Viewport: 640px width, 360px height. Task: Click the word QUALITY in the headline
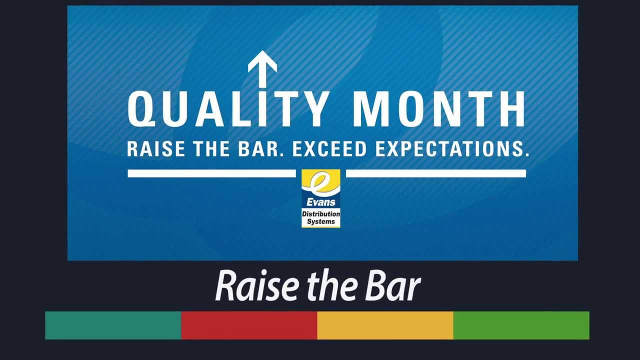coord(227,109)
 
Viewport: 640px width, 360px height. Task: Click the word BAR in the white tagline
coord(263,149)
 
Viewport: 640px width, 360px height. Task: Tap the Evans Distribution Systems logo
coord(320,198)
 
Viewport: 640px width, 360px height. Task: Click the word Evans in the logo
coord(320,202)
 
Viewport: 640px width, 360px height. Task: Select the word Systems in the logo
coord(320,221)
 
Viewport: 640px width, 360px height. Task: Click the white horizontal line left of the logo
coord(211,173)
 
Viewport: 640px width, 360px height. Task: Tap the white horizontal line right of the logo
coord(435,173)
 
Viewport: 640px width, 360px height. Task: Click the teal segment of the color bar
coord(113,325)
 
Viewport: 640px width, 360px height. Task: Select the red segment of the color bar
coord(249,325)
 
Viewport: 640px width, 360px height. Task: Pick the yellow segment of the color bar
coord(385,325)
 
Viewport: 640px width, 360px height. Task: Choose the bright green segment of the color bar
coord(521,325)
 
